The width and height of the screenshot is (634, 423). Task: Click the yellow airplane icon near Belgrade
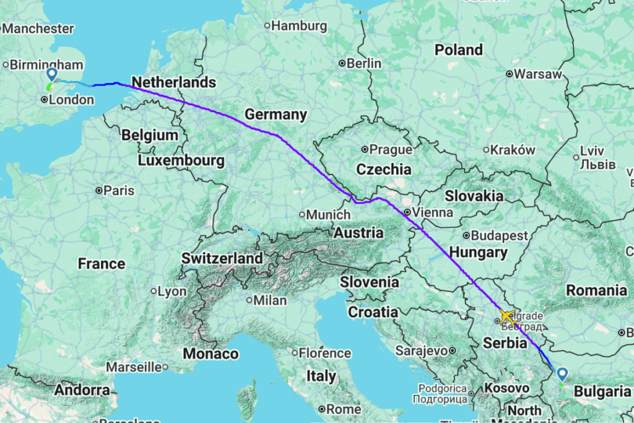(508, 317)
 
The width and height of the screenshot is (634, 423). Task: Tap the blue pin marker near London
(52, 75)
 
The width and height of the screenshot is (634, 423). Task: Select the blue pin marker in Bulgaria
(562, 374)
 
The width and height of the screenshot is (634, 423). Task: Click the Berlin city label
(365, 63)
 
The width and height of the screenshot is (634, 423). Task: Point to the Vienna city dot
(407, 212)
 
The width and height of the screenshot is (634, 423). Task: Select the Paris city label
(119, 191)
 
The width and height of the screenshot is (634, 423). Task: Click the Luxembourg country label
(181, 160)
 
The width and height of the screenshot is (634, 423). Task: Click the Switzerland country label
(222, 258)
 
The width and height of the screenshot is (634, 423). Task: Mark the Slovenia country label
(370, 282)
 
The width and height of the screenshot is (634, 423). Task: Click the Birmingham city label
(46, 64)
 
